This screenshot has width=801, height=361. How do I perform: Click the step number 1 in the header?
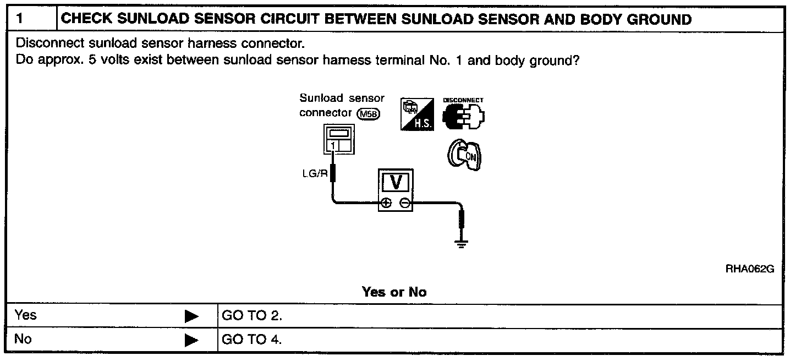[20, 19]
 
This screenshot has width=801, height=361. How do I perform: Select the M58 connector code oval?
[367, 113]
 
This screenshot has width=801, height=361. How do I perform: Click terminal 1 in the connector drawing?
[333, 145]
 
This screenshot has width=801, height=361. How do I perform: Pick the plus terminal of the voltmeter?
[386, 204]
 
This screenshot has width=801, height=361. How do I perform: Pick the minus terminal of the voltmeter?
[405, 204]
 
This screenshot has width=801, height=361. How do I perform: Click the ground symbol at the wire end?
[463, 243]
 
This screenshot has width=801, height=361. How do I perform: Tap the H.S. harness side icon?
[416, 114]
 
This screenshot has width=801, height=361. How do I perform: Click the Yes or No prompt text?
[394, 292]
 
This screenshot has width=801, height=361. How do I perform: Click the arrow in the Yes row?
[191, 316]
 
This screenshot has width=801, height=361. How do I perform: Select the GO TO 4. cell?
[251, 340]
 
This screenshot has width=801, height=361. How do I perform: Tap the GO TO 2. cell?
[251, 316]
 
